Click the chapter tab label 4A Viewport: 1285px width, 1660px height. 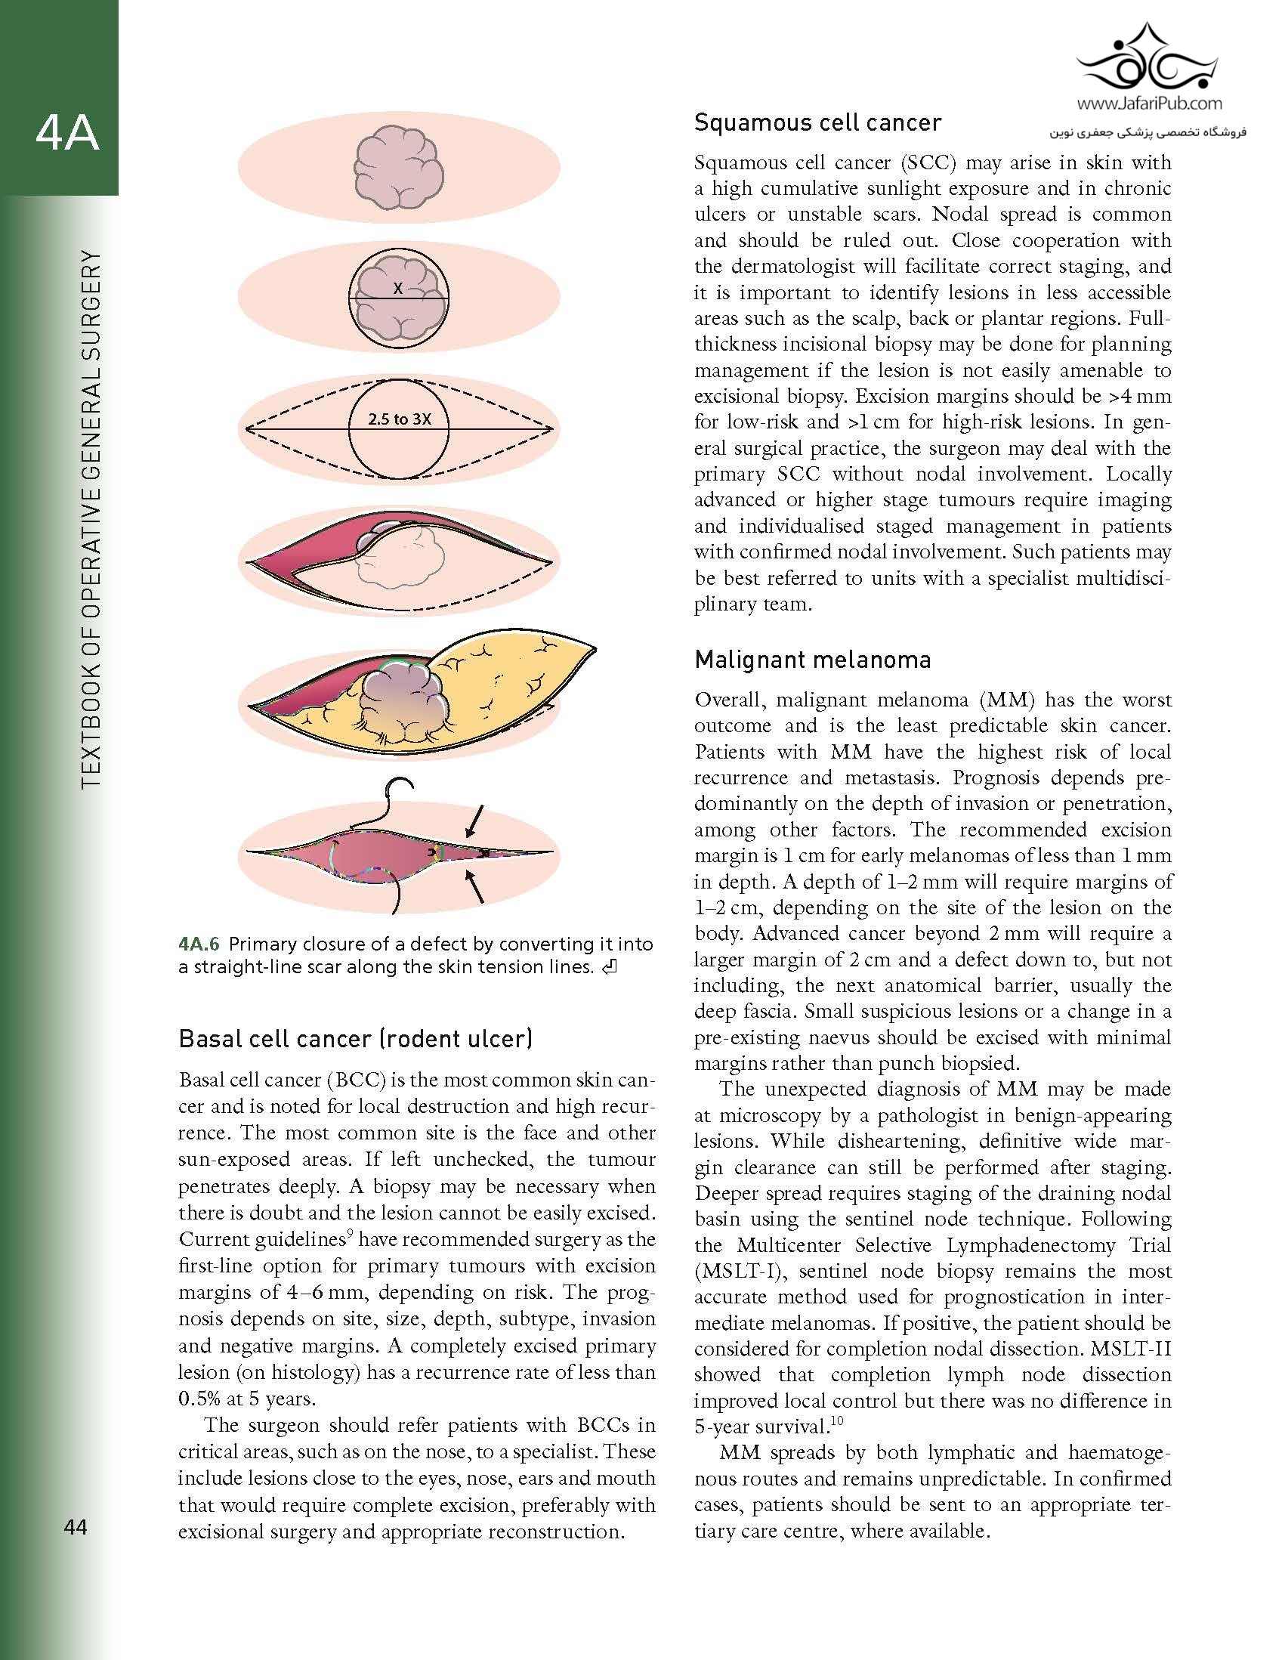(68, 134)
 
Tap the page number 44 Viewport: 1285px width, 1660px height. (77, 1527)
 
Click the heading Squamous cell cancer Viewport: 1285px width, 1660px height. (817, 123)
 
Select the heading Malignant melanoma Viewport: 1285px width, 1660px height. (812, 660)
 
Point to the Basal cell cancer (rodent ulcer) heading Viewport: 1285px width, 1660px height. (356, 1038)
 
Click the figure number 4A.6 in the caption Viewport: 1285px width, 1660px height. (199, 944)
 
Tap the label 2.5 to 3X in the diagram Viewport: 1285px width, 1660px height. (400, 419)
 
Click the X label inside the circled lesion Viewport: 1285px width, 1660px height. (397, 289)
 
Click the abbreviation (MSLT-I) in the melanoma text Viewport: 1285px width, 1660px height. (738, 1272)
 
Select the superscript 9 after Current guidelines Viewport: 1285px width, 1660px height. (349, 1235)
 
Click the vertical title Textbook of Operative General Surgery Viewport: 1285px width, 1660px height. (91, 518)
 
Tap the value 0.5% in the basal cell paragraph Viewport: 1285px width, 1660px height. (203, 1399)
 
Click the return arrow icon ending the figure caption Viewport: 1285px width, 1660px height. (610, 968)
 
